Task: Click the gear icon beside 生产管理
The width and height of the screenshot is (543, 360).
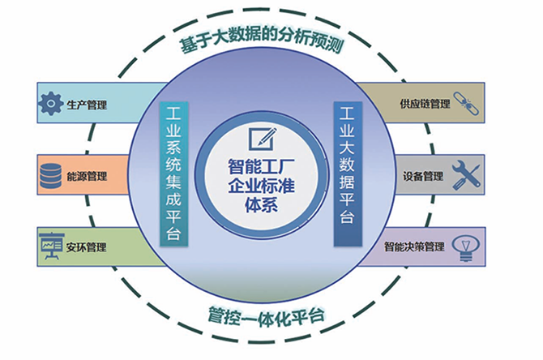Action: pyautogui.click(x=51, y=105)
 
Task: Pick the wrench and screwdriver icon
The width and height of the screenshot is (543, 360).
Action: pyautogui.click(x=465, y=174)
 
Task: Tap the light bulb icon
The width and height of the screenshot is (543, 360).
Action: pyautogui.click(x=465, y=245)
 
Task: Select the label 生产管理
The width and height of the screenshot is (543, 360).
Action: pyautogui.click(x=87, y=105)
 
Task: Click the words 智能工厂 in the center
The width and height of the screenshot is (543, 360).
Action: pyautogui.click(x=260, y=168)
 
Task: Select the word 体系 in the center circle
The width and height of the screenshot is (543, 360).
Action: pyautogui.click(x=261, y=206)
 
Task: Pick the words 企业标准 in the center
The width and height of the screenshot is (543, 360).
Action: pyautogui.click(x=260, y=187)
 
